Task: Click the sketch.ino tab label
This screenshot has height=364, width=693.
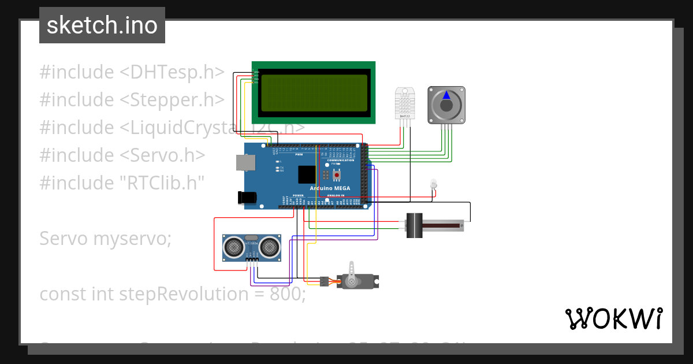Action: (x=102, y=25)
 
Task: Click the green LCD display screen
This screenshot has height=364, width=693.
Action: (x=314, y=92)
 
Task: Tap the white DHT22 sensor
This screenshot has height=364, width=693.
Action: (x=404, y=102)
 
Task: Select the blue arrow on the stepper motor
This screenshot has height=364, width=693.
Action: (x=446, y=95)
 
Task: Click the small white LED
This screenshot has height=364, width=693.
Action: (x=433, y=184)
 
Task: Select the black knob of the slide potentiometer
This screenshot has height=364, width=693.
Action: (x=414, y=225)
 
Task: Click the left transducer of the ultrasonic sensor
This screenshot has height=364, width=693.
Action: (x=234, y=247)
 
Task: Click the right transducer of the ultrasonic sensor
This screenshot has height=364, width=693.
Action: (x=269, y=247)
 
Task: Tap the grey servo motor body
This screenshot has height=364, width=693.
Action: (x=353, y=281)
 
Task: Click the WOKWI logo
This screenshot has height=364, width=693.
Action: (x=613, y=318)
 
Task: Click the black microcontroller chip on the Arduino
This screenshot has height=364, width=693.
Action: (x=307, y=174)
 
